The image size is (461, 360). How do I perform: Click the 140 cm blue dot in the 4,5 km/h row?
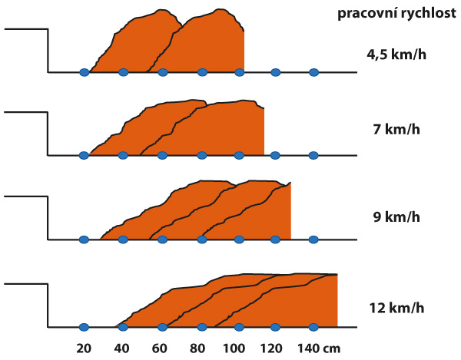pos(313,73)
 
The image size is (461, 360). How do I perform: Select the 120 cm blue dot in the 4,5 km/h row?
pos(276,73)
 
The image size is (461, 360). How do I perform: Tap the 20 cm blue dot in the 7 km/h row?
pos(84,155)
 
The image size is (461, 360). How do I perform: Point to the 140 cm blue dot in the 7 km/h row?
pos(313,155)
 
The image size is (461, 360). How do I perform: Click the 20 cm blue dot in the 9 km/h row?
pos(84,239)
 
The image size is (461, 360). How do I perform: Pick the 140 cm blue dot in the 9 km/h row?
pos(313,239)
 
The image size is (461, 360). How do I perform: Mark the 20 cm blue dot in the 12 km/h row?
pos(84,326)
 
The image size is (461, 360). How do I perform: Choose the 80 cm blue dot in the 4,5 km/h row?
pos(202,73)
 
